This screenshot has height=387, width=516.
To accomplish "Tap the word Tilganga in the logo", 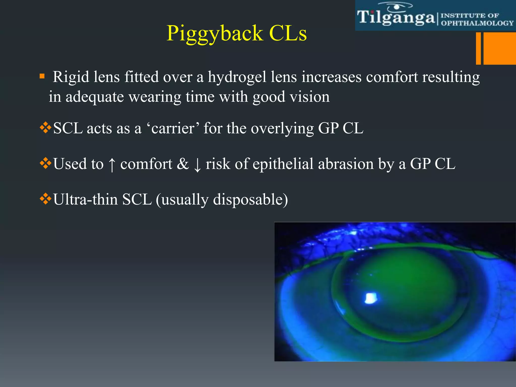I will point(396,18).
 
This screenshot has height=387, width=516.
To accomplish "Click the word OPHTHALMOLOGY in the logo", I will point(477,23).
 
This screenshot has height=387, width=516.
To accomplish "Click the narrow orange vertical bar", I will point(478,48).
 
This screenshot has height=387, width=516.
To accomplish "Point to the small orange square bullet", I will point(42,76).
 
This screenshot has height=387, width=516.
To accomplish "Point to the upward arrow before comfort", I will point(112,165).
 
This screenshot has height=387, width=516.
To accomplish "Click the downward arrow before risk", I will point(197,165).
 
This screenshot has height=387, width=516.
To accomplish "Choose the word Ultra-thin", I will point(85,200).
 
